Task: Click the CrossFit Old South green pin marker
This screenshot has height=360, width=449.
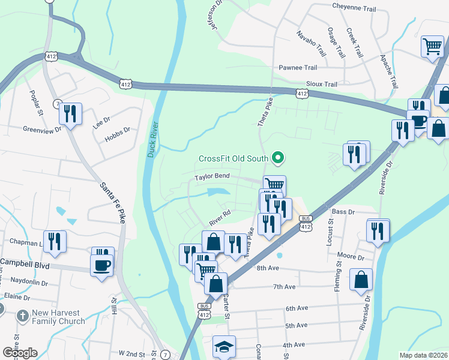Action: click(x=277, y=158)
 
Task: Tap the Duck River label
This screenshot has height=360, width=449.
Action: click(x=151, y=140)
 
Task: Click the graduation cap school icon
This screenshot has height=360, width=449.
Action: click(x=224, y=346)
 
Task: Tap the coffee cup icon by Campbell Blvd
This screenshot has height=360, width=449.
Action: click(x=101, y=264)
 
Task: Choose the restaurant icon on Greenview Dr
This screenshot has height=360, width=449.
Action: click(x=70, y=114)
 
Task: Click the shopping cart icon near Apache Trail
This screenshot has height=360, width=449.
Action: click(x=432, y=46)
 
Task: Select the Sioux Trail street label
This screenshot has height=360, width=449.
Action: click(x=322, y=85)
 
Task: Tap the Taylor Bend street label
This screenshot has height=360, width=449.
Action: click(x=212, y=177)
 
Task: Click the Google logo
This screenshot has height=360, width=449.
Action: click(x=20, y=352)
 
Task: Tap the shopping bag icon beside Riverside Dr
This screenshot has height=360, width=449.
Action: click(x=361, y=280)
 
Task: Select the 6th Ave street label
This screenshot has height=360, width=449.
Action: click(x=297, y=308)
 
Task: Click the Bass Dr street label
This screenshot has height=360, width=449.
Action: click(x=344, y=212)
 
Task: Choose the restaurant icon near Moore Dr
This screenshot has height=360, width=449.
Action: click(x=378, y=230)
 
